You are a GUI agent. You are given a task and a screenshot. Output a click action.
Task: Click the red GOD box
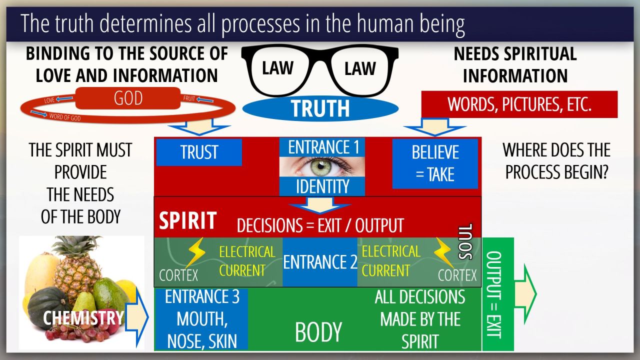128,98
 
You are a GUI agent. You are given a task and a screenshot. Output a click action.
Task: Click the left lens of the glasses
278,69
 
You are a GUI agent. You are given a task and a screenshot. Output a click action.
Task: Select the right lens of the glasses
360,69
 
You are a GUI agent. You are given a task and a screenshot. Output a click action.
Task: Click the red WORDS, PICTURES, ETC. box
519,104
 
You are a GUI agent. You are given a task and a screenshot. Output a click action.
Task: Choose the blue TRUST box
199,152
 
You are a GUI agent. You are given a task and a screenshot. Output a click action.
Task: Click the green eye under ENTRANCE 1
321,166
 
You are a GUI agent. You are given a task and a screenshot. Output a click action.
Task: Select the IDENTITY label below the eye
322,186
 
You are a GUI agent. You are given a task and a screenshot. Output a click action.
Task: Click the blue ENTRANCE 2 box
319,262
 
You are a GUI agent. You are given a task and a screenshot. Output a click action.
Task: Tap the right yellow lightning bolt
444,251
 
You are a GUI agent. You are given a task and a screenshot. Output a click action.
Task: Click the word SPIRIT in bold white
187,221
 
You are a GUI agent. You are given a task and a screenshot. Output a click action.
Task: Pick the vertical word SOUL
465,241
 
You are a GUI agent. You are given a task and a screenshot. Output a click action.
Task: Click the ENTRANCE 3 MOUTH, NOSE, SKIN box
202,319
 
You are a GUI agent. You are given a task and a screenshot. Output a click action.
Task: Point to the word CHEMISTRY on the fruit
83,317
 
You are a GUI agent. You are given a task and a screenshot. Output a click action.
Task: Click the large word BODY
318,332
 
